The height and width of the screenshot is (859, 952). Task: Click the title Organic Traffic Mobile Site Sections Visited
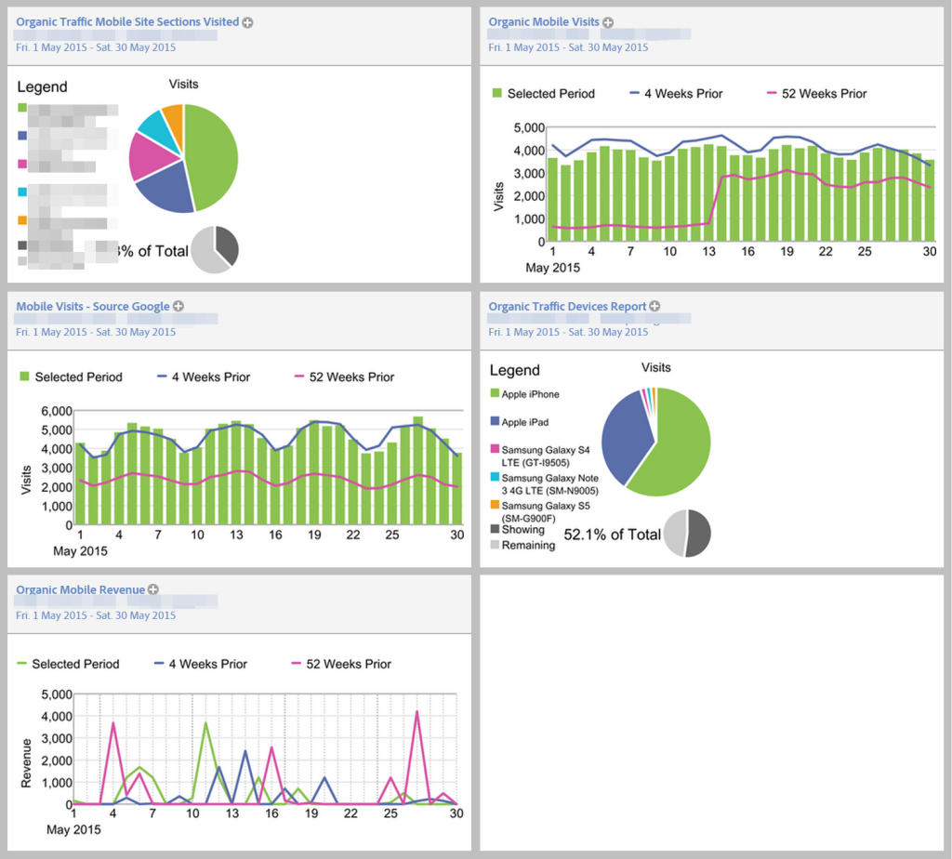click(x=127, y=21)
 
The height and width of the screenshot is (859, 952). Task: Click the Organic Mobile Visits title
click(x=543, y=21)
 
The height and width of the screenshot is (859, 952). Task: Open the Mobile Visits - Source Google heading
click(x=93, y=306)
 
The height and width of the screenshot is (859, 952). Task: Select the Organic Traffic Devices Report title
click(x=567, y=306)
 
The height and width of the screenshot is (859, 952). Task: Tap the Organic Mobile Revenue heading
click(x=81, y=589)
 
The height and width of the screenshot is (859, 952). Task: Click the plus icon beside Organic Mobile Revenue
click(x=153, y=589)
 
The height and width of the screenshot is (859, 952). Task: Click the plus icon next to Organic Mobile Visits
click(x=608, y=21)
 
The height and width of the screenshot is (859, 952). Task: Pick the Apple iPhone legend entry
click(x=530, y=394)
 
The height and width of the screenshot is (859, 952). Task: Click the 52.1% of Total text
click(x=612, y=535)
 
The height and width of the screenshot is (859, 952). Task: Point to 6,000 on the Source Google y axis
click(x=56, y=410)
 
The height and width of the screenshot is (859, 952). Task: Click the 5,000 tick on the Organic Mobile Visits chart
click(x=528, y=127)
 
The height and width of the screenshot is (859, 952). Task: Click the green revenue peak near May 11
click(x=205, y=722)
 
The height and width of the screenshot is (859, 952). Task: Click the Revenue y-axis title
click(x=28, y=763)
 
